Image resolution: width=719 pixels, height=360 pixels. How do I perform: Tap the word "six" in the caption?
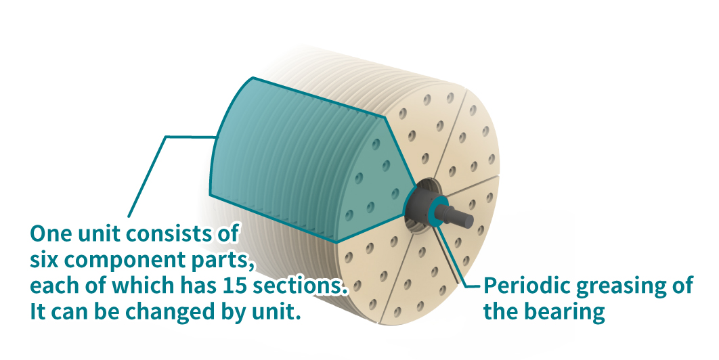pyautogui.click(x=45, y=261)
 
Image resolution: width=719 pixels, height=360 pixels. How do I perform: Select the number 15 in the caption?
pyautogui.click(x=233, y=286)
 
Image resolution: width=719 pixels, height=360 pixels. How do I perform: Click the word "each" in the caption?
pyautogui.click(x=53, y=286)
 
